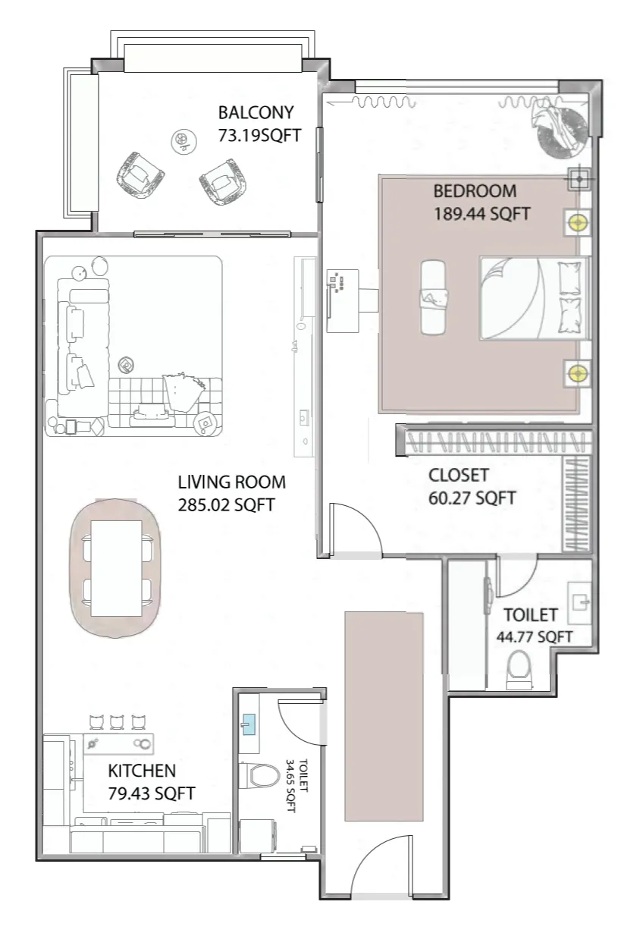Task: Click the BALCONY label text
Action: click(x=256, y=113)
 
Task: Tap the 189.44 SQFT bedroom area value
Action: click(x=481, y=214)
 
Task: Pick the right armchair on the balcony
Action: click(x=224, y=181)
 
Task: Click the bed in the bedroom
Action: click(x=534, y=297)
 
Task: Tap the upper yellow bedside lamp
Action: click(x=578, y=223)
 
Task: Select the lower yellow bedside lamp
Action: click(x=578, y=372)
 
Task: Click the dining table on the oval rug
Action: click(x=116, y=568)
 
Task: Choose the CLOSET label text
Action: click(x=459, y=476)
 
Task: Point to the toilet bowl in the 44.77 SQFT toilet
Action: click(x=520, y=668)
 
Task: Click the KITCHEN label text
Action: click(x=142, y=771)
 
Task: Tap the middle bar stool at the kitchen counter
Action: click(x=117, y=721)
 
